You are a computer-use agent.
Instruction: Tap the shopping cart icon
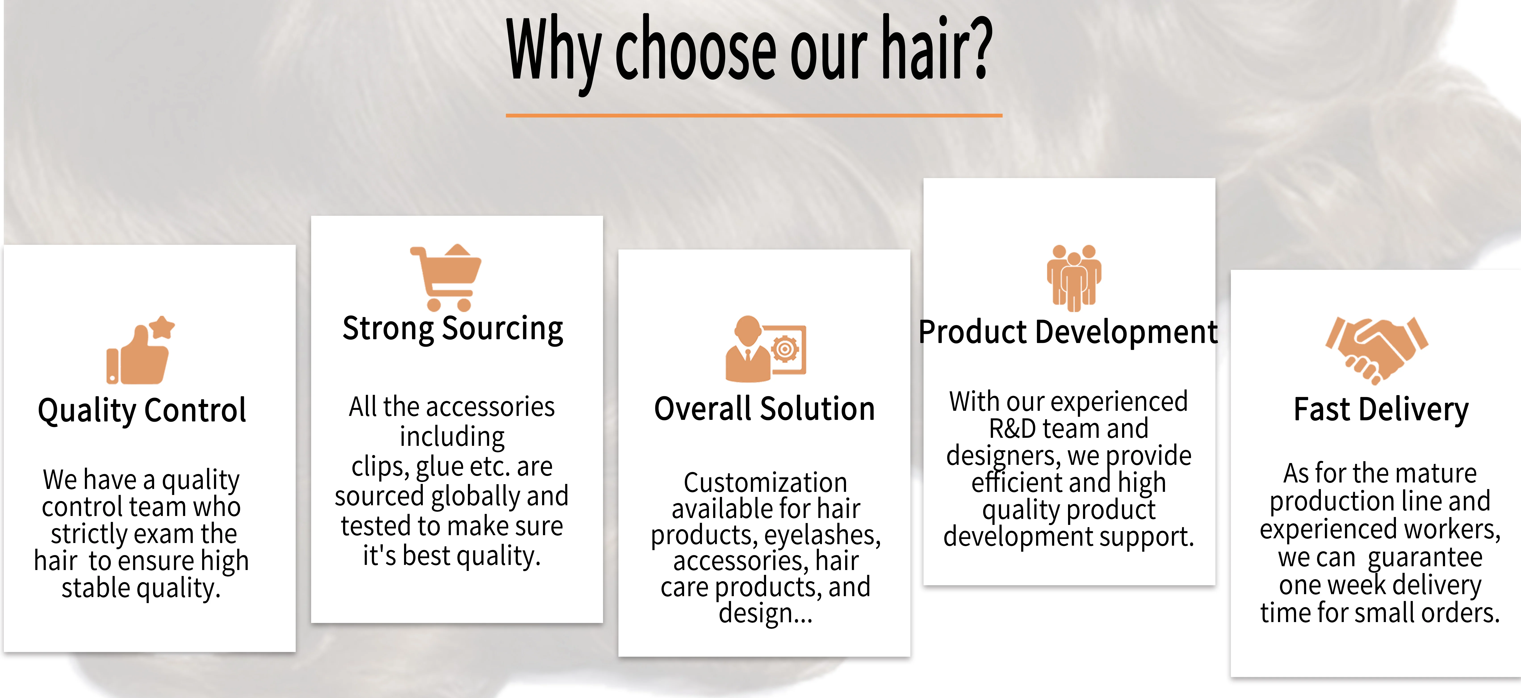pos(446,277)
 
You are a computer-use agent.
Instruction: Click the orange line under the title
pos(754,115)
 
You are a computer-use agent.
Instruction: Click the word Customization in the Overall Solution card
pos(765,483)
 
